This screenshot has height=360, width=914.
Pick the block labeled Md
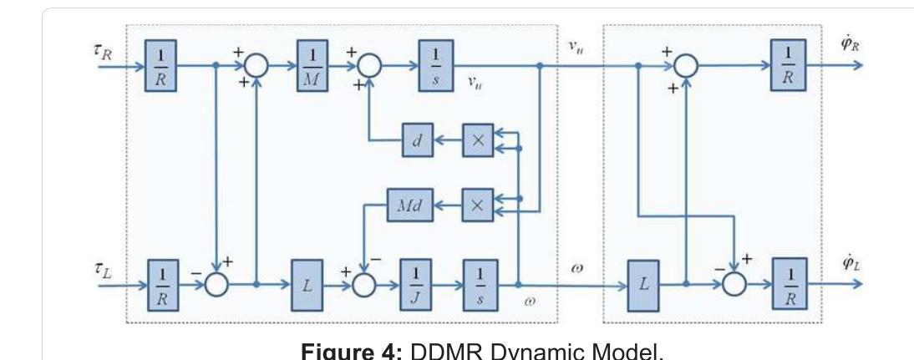point(408,205)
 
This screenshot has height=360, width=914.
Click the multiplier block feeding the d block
point(478,141)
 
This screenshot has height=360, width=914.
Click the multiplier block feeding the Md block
point(478,205)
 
